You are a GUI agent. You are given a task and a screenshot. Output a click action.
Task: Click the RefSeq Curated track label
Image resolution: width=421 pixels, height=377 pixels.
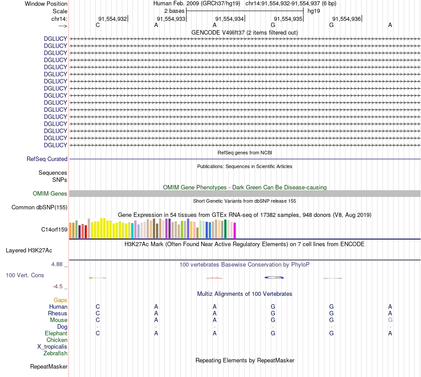[x=47, y=159]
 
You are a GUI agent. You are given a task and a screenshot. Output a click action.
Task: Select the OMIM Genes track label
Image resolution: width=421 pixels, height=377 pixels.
[x=50, y=193]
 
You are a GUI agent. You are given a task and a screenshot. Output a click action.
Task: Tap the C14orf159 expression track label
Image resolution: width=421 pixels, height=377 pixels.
[x=54, y=229]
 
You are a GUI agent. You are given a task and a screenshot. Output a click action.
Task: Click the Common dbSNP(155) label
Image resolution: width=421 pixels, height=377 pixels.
[x=39, y=207]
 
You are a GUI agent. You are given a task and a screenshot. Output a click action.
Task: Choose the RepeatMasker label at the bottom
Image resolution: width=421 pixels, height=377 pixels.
[x=49, y=366]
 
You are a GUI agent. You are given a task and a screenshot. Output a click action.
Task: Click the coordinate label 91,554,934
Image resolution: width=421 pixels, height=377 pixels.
[x=230, y=19]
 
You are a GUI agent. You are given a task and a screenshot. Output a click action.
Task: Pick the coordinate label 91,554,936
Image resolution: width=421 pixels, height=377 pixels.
[x=347, y=19]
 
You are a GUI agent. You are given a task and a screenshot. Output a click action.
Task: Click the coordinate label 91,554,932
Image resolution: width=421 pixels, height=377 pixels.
[x=113, y=19]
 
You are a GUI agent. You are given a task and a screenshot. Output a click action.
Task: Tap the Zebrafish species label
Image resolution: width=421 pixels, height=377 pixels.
[x=55, y=353]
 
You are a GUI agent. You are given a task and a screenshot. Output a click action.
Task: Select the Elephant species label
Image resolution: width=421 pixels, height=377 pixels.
[x=56, y=333]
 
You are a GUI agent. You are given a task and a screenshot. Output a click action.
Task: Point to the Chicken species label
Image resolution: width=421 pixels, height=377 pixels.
[x=57, y=340]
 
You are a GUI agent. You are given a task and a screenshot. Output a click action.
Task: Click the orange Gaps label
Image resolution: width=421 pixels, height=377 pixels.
[x=60, y=300]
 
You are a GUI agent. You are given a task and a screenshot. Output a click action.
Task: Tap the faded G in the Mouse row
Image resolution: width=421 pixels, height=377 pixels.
[x=390, y=320]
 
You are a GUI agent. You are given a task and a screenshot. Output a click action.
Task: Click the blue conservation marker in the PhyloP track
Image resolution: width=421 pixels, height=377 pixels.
[x=274, y=278]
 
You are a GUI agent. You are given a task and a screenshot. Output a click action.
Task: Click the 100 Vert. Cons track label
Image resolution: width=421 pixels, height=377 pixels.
[x=25, y=275]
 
